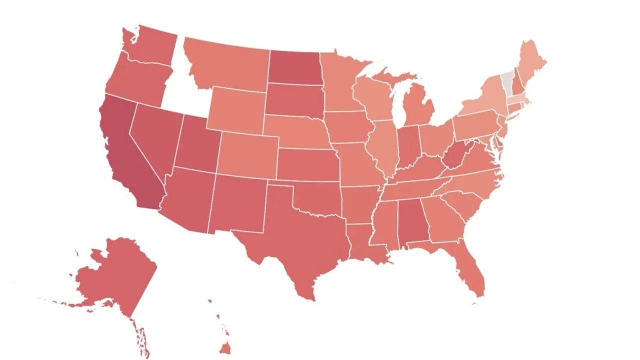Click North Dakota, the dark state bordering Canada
[294, 67]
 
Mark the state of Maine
[531, 65]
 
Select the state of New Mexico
[237, 202]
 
